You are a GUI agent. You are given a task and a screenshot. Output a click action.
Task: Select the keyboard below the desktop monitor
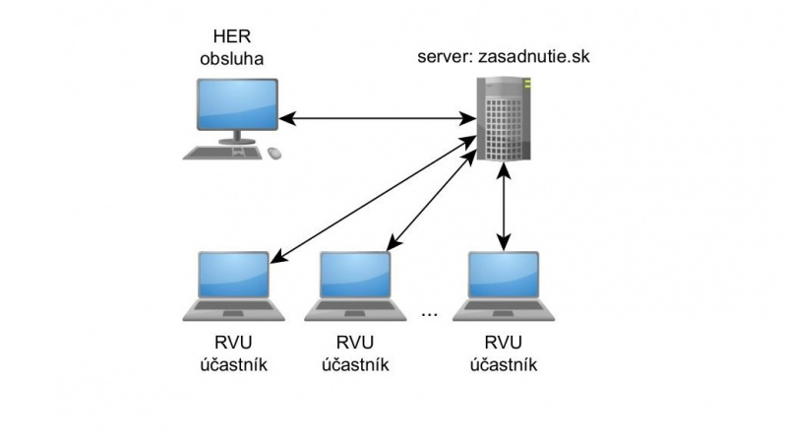pyautogui.click(x=223, y=153)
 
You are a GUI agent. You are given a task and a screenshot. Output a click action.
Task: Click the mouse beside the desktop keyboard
pyautogui.click(x=272, y=153)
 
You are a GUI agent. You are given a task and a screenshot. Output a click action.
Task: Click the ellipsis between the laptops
pyautogui.click(x=429, y=314)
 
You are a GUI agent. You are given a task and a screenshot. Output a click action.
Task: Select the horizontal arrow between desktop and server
pyautogui.click(x=378, y=120)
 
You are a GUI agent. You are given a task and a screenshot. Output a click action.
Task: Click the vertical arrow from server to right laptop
pyautogui.click(x=505, y=207)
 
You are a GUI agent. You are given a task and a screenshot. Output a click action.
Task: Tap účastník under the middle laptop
pyautogui.click(x=356, y=364)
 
